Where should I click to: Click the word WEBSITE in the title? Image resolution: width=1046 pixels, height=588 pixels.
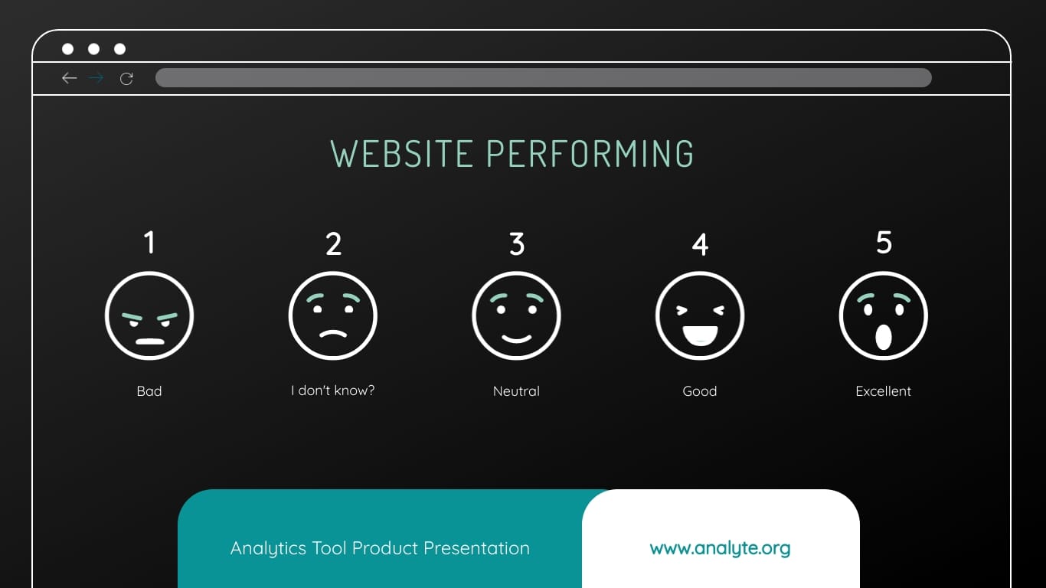[x=402, y=154]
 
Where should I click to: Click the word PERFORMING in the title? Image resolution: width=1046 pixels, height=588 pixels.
[x=590, y=154]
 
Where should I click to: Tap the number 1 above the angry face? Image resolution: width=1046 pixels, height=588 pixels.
[x=149, y=243]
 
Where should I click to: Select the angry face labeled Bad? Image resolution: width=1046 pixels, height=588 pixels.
[x=149, y=315]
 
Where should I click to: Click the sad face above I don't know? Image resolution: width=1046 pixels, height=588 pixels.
[x=333, y=315]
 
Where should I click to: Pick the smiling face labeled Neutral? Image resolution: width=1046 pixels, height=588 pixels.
[x=516, y=315]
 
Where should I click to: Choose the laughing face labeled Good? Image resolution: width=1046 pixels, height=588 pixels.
[x=700, y=315]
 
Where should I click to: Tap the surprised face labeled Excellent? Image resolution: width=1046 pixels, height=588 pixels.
[x=884, y=315]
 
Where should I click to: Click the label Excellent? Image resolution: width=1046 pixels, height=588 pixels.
[x=884, y=391]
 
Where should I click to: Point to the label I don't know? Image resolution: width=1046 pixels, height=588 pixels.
[x=333, y=390]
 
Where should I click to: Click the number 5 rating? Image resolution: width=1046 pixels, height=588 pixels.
[x=884, y=243]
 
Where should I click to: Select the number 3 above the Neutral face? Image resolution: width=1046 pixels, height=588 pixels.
[x=517, y=244]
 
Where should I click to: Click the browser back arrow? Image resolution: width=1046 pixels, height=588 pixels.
[x=70, y=78]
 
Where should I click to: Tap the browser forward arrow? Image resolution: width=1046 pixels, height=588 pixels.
[x=96, y=78]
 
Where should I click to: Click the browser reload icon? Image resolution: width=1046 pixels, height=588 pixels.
[x=126, y=78]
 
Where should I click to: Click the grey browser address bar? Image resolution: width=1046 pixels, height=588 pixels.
[x=543, y=78]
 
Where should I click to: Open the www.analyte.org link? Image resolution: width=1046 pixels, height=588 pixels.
[x=720, y=548]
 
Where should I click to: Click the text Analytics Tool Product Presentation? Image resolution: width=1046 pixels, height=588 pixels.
[x=380, y=548]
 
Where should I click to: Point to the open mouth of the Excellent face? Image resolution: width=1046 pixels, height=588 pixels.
[x=884, y=337]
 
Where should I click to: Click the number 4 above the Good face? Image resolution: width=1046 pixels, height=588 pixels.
[x=700, y=244]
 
